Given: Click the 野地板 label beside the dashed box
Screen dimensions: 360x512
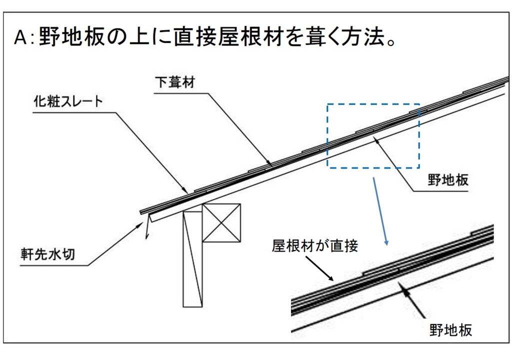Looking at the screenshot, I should point(448,180).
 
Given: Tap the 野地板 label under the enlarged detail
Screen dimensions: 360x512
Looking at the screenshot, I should point(451,330).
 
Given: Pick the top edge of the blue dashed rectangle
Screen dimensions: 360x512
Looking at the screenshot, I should point(372,104).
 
